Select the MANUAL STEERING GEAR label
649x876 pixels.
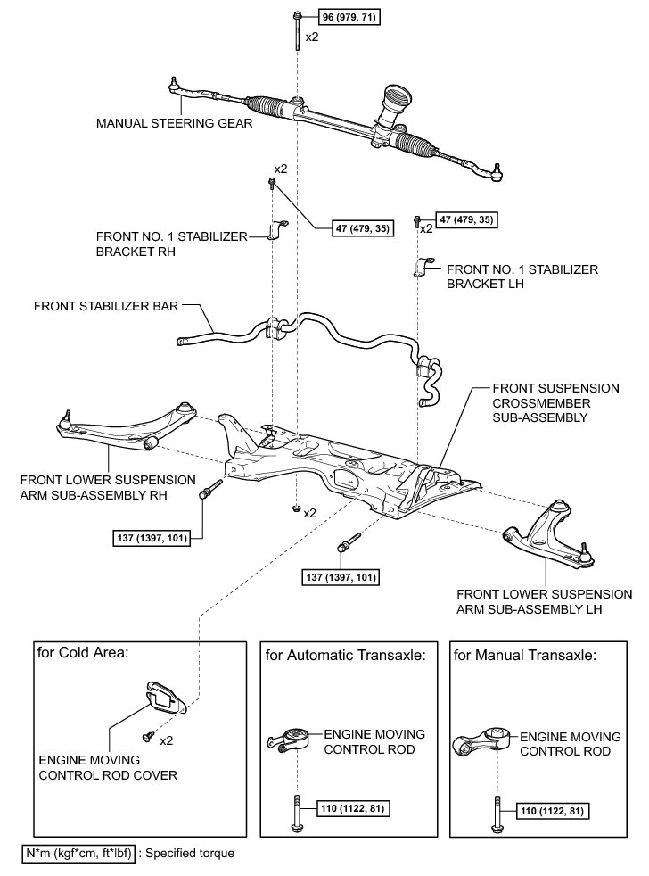tap(174, 124)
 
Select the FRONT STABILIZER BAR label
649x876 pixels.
tap(106, 305)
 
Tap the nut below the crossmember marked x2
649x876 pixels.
tap(295, 509)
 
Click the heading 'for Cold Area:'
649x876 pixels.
tap(83, 652)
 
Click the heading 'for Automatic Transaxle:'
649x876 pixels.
tap(345, 656)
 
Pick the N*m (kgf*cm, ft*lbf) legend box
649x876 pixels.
tap(78, 854)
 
